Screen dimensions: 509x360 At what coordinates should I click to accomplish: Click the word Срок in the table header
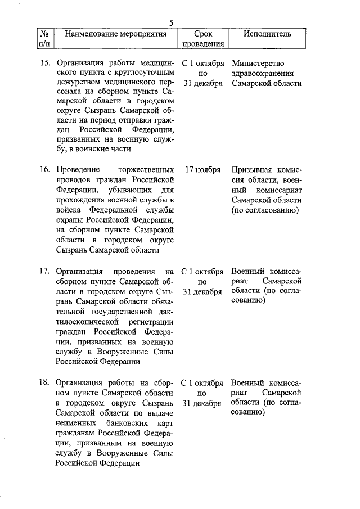(203, 34)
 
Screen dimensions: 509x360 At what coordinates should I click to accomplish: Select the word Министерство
(258, 63)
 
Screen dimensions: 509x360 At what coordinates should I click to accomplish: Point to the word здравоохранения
(262, 73)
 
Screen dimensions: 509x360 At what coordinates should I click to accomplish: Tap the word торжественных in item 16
(147, 169)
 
